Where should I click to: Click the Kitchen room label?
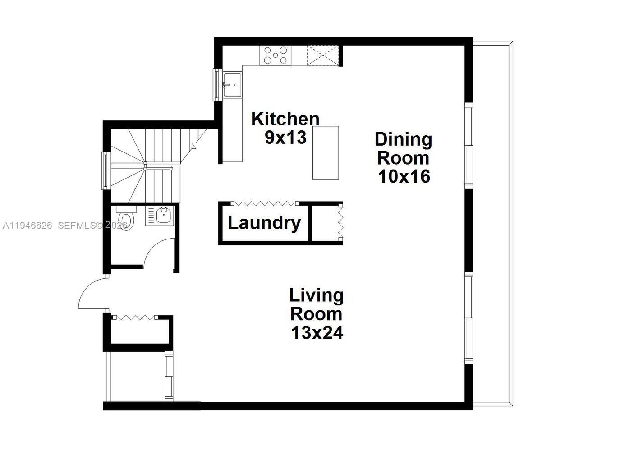285,119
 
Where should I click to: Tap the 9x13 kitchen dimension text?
285,137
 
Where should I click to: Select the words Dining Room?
403,148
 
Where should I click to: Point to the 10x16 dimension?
404,176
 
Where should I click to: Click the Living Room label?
316,304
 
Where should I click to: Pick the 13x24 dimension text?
317,333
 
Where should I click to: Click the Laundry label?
264,223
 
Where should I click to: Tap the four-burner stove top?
276,55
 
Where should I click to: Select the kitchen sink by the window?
233,84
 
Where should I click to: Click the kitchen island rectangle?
326,153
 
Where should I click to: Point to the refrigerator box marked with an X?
322,55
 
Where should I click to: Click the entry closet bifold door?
134,318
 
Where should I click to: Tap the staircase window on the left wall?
105,170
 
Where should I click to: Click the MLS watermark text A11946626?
28,225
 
